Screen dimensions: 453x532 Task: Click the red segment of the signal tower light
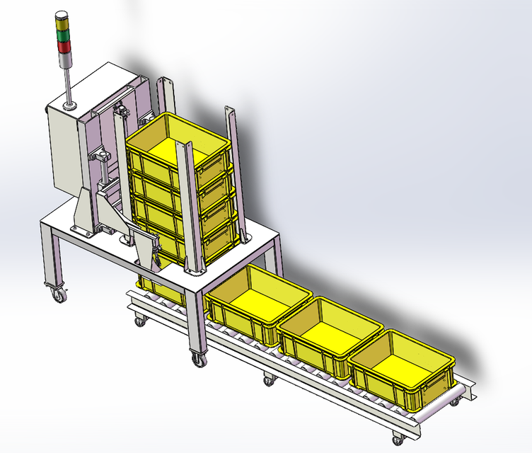[64, 47]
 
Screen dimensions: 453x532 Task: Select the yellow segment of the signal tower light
[64, 35]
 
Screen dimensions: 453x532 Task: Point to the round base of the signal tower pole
[69, 107]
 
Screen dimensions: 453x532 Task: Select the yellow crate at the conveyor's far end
[400, 369]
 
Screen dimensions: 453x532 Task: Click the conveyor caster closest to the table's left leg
[140, 321]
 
